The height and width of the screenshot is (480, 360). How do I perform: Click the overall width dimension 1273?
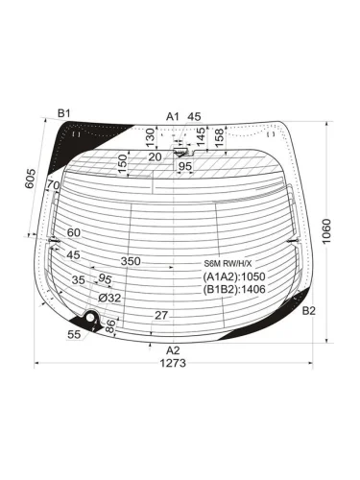coord(173,363)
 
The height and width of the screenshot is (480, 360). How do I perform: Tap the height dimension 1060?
coord(325,231)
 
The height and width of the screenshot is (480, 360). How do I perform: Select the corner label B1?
coord(63,113)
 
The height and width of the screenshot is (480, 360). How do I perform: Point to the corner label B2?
coord(309,310)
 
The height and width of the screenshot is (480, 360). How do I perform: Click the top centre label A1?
coord(173,117)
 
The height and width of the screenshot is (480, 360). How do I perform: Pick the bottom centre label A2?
coord(173,350)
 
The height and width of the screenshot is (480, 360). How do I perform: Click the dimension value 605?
coord(31,179)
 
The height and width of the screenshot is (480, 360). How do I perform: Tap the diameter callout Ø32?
coord(109,299)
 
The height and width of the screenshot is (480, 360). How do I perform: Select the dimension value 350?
coord(131,261)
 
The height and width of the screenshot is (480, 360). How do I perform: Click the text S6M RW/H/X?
coord(228,264)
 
